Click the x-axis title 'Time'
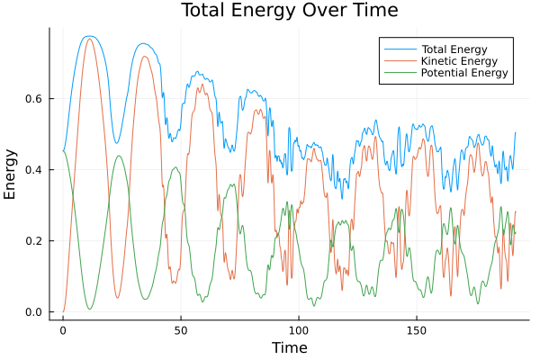[289, 347]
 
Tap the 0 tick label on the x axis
[63, 330]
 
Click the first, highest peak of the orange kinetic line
[89, 39]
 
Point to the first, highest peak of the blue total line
[88, 36]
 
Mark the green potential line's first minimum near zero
[89, 310]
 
